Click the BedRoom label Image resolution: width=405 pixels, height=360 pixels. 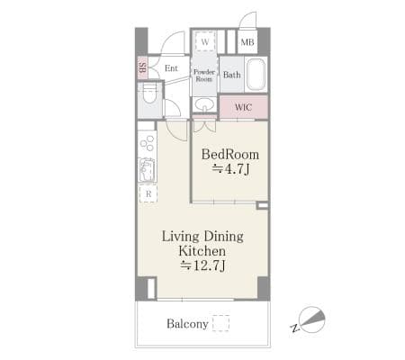230,155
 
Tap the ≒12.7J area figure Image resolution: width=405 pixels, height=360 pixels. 202,265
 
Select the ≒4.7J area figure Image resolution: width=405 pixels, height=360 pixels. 230,169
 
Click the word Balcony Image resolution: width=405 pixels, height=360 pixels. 187,324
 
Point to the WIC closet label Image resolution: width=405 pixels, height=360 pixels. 243,107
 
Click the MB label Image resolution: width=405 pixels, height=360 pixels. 247,42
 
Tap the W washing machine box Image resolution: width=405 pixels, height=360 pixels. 205,41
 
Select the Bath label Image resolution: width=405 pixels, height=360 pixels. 232,75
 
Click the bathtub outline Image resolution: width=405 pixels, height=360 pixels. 256,74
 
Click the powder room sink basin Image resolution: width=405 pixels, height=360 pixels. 204,104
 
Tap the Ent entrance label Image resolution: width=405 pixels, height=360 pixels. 171,68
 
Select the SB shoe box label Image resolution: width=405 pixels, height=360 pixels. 143,67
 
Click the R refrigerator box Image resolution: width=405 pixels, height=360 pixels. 148,193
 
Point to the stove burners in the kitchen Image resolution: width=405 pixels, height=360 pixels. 148,143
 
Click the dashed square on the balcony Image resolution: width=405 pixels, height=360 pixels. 221,323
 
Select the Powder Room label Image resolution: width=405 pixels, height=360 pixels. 204,76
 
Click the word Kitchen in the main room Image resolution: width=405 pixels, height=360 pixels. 202,251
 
